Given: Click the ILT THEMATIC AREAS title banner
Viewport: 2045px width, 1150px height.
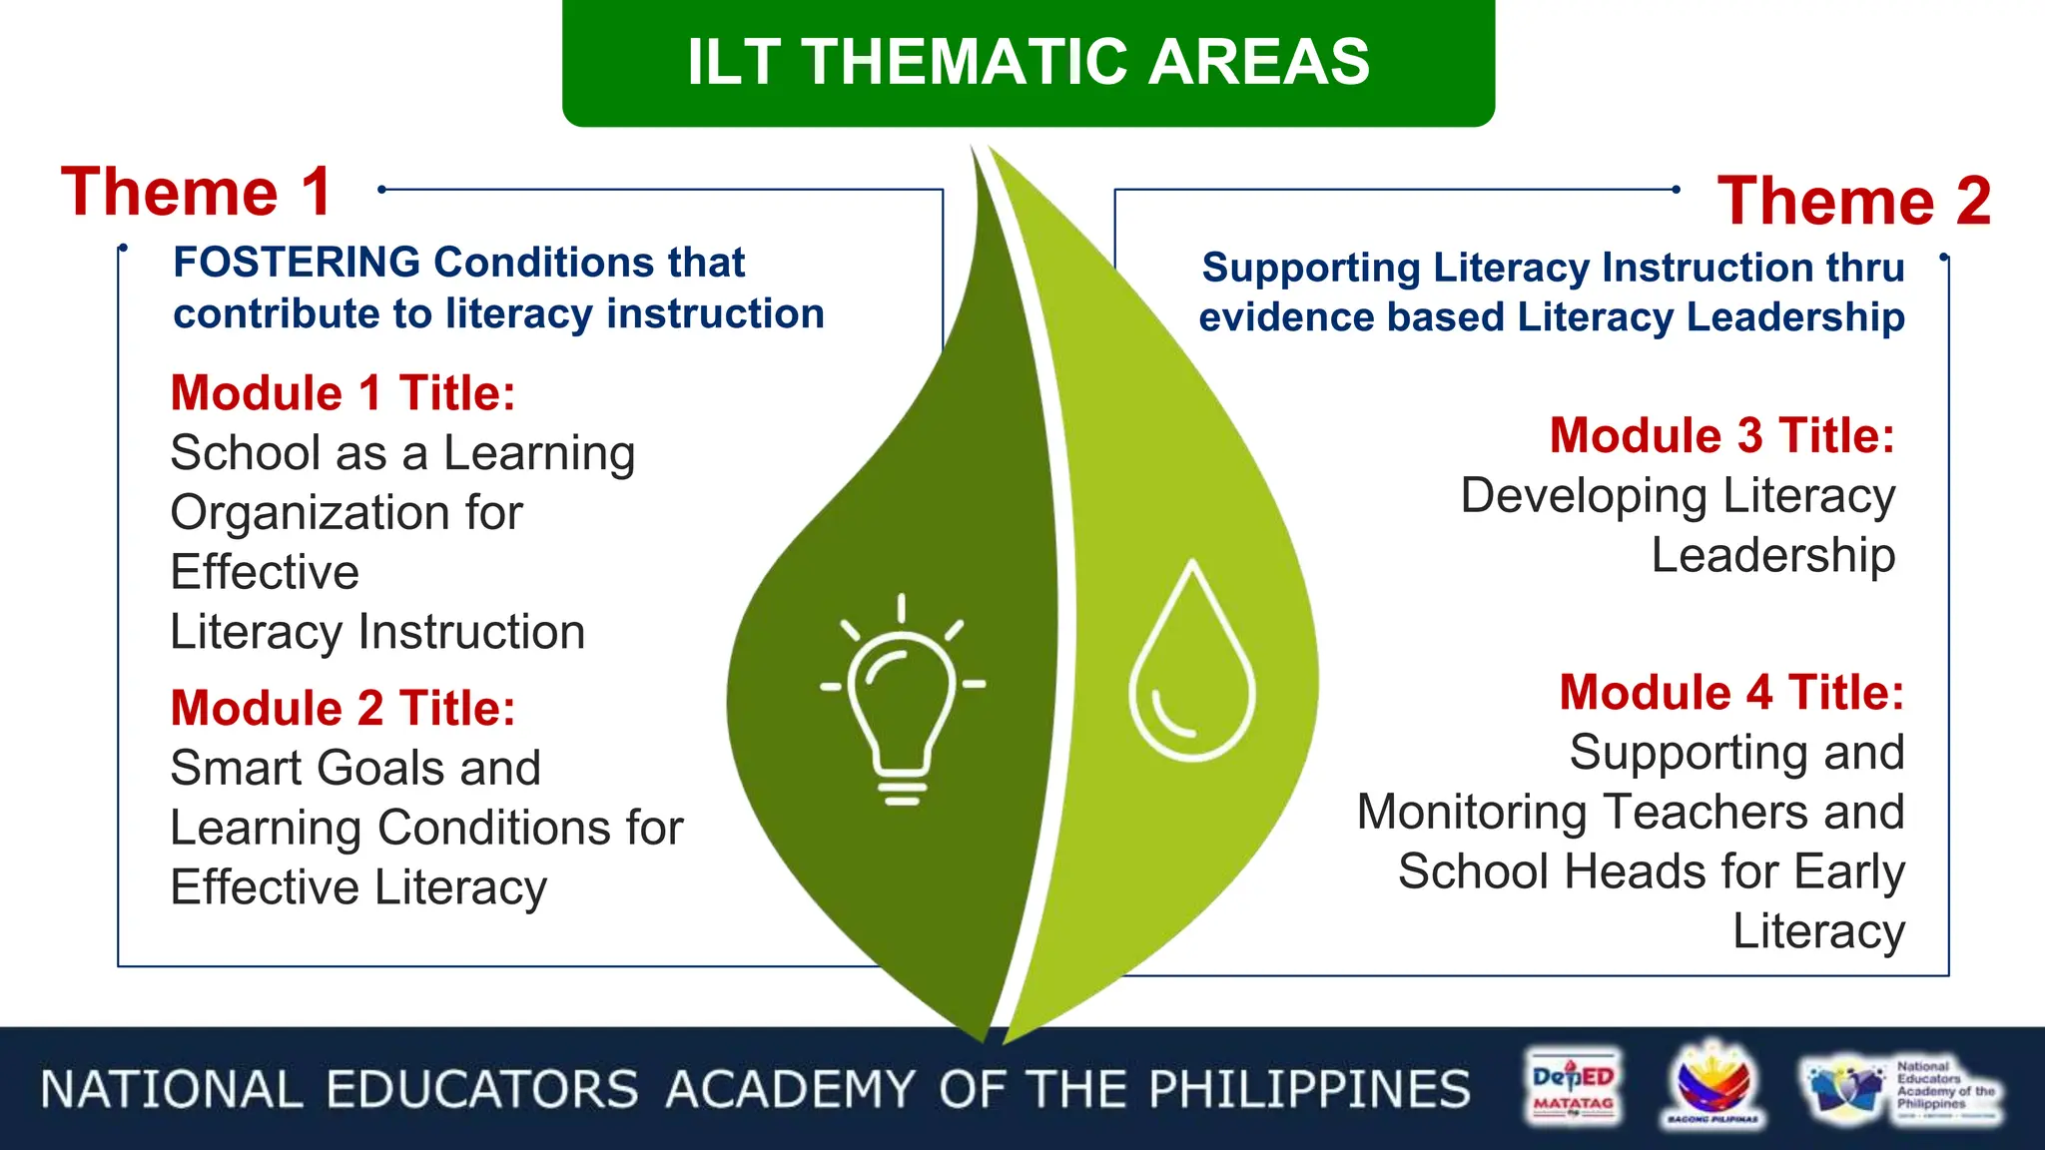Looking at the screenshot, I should pos(1027,62).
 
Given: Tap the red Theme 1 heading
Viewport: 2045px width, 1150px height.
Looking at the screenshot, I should pos(197,192).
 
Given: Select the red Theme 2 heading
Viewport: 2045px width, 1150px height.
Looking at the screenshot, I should pos(1853,201).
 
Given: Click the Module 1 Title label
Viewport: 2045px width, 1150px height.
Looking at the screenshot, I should pos(342,393).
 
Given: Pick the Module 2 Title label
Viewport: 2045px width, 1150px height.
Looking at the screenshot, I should pos(342,709).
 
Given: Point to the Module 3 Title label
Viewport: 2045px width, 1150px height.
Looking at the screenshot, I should pos(1721,436).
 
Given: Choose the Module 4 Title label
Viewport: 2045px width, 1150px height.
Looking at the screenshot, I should pos(1731,693).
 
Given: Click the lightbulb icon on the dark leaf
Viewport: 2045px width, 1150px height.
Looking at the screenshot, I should pos(903,699).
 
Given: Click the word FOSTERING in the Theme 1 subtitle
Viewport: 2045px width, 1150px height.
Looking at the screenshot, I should pos(297,263).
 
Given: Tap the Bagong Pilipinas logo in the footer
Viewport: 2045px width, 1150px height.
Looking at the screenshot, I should pos(1712,1086).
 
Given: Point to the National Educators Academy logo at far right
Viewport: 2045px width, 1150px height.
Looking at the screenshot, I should pos(1902,1089).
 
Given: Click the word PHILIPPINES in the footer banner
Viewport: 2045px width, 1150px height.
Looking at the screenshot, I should pos(1309,1089).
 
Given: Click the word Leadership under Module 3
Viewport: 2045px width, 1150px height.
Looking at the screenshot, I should pos(1772,555).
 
